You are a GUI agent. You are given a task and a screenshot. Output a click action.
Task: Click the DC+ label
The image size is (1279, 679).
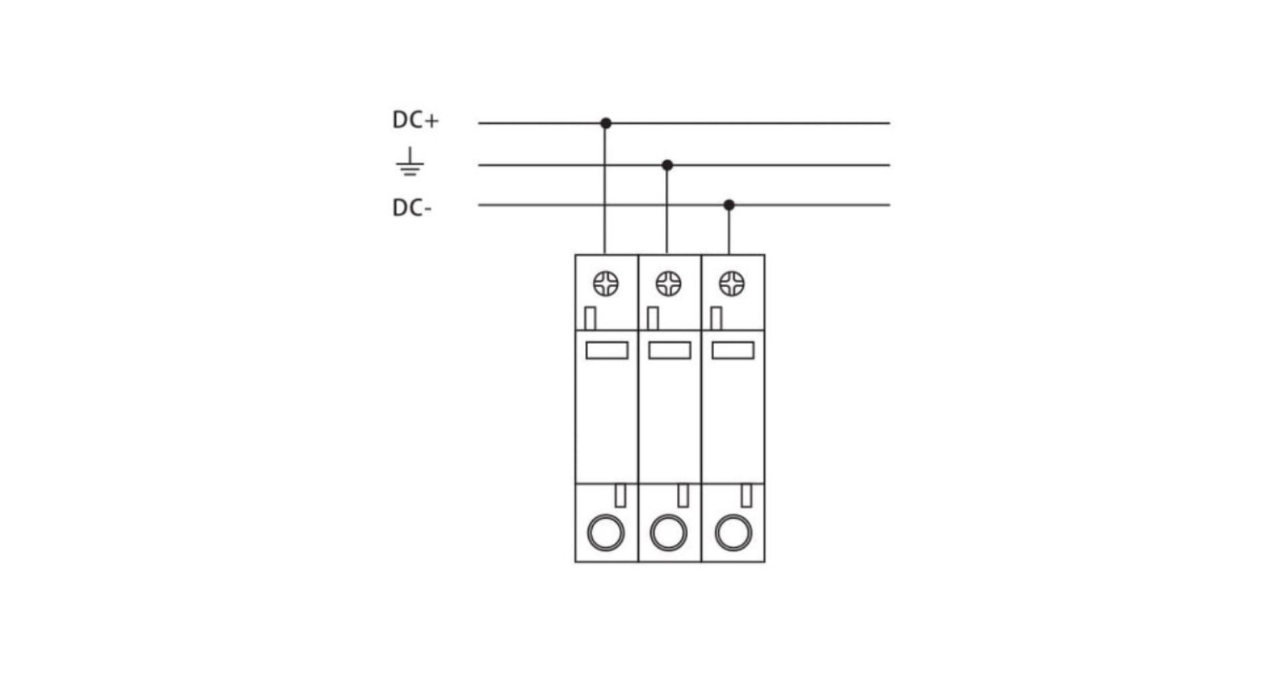(x=416, y=120)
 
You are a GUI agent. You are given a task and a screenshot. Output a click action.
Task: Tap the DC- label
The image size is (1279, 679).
(x=412, y=208)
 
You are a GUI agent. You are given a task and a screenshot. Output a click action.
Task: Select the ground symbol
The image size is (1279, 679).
(x=410, y=162)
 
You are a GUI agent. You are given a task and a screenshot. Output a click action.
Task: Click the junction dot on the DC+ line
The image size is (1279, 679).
(x=606, y=123)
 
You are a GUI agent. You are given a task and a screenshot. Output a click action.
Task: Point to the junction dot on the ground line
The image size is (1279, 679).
(x=667, y=165)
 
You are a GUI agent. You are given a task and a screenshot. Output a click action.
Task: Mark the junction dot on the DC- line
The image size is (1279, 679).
(x=729, y=205)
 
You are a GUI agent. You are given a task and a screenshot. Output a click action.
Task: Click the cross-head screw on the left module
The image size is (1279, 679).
(x=606, y=284)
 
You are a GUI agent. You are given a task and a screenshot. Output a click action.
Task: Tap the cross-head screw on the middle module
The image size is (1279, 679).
(x=668, y=284)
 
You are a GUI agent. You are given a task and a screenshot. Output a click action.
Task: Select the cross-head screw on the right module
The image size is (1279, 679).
(x=731, y=284)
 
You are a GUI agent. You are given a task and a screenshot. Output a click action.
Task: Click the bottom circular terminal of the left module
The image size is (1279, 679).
(x=606, y=533)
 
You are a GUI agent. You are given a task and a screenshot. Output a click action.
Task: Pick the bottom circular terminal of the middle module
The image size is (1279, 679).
(x=668, y=533)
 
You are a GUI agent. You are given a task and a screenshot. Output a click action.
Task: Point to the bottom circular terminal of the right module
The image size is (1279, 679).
(x=733, y=533)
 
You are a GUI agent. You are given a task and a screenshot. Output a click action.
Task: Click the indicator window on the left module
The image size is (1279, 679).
(x=607, y=350)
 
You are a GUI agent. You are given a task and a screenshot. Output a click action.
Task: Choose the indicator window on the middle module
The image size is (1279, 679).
(x=669, y=350)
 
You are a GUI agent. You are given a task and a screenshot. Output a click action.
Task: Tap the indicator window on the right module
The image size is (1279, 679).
(x=733, y=350)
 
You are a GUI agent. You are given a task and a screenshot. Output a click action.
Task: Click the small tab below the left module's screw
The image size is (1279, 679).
(x=590, y=318)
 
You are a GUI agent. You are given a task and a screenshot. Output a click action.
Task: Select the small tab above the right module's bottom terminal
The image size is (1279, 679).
(x=746, y=495)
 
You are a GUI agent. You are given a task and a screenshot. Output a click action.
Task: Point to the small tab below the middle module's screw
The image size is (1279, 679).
(x=653, y=318)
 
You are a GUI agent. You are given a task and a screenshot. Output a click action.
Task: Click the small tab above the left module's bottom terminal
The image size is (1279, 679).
(x=620, y=495)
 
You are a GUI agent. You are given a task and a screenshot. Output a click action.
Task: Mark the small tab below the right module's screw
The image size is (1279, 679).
(x=716, y=318)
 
